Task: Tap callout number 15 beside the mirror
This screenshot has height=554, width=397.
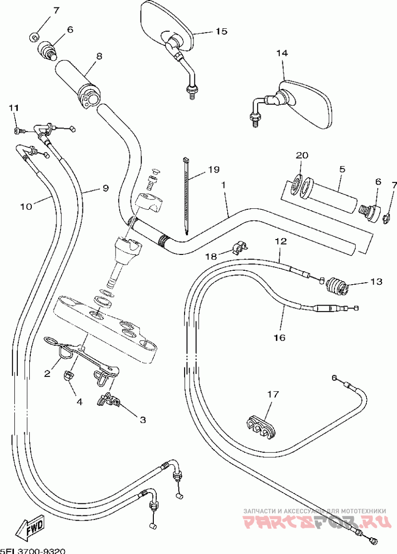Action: click(221, 31)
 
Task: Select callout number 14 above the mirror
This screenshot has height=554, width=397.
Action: click(282, 53)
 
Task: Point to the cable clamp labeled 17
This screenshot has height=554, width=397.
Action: click(261, 425)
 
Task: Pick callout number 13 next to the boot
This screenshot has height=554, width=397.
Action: click(376, 282)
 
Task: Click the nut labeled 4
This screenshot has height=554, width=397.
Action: click(67, 377)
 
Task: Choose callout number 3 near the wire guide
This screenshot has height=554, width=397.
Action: click(142, 420)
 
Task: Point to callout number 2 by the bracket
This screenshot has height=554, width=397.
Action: click(47, 373)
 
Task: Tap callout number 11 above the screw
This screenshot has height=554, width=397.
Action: click(13, 108)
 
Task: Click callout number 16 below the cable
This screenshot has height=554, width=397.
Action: click(279, 337)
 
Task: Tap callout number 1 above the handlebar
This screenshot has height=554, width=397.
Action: click(224, 185)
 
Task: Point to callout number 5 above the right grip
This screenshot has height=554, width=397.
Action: click(342, 169)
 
